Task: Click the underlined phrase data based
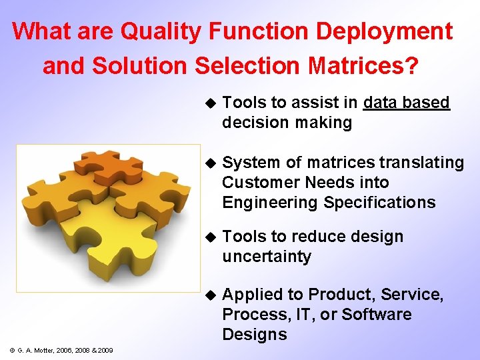[407, 103]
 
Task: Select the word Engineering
[270, 203]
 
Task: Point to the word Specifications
[379, 203]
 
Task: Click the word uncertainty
[267, 257]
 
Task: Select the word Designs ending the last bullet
[255, 335]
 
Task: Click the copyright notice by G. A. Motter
[61, 350]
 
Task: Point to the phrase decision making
[287, 123]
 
